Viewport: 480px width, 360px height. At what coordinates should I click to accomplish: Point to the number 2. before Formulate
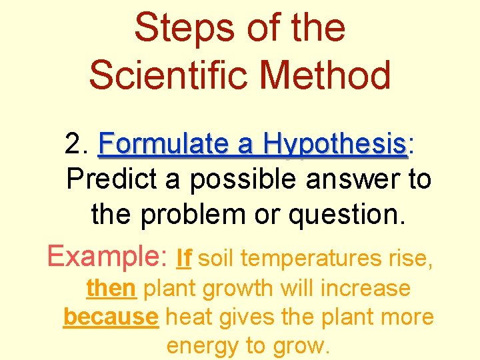[x=78, y=143]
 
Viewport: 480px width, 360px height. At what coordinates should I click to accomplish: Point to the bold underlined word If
[x=185, y=257]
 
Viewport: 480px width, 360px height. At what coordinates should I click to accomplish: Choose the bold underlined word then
[x=111, y=289]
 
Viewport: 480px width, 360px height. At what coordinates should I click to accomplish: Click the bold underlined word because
[x=111, y=317]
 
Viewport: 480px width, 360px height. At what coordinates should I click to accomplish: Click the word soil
[x=217, y=257]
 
